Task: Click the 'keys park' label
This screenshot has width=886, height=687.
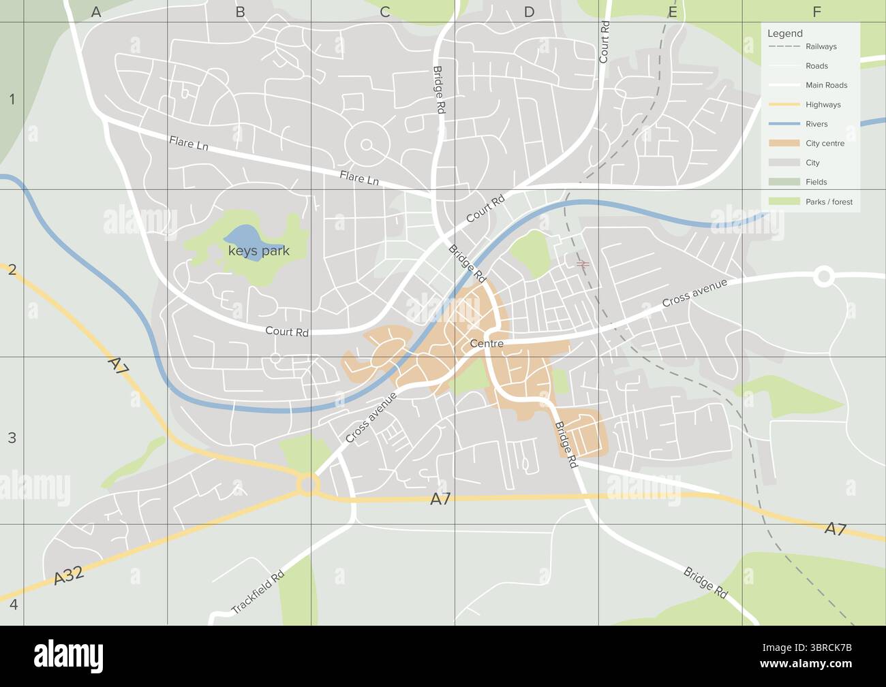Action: click(258, 251)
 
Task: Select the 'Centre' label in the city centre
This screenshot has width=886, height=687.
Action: click(487, 344)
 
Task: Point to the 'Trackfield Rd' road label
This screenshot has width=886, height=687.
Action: click(257, 592)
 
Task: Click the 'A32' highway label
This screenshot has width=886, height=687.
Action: click(69, 575)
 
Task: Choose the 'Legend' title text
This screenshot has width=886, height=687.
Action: click(784, 33)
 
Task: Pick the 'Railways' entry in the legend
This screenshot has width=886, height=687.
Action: click(821, 47)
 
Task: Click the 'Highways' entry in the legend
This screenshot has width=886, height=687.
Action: click(823, 105)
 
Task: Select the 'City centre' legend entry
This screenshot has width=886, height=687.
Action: click(825, 144)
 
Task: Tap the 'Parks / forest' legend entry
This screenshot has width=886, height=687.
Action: click(829, 202)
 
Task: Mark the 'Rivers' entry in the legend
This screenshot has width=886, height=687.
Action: click(816, 125)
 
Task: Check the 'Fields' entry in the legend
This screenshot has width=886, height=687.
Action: click(816, 182)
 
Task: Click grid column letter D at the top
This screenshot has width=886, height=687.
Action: click(529, 12)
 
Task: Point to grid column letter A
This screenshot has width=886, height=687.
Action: click(96, 12)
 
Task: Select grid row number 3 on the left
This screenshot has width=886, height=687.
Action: click(12, 438)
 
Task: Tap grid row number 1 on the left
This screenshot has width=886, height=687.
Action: click(12, 100)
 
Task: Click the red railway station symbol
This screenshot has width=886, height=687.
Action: click(582, 263)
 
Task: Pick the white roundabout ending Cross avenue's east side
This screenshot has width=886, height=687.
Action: click(823, 276)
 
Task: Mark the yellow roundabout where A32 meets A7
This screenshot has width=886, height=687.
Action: click(308, 485)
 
